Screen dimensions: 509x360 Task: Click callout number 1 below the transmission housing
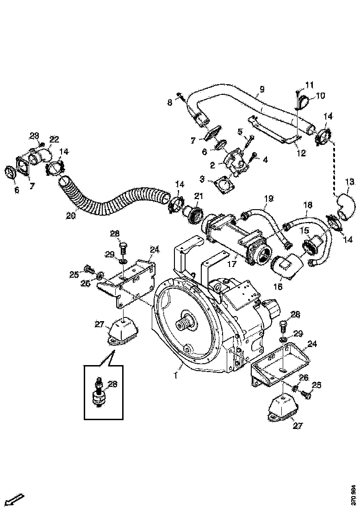[x=175, y=375]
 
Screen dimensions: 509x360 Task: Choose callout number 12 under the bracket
[x=301, y=153]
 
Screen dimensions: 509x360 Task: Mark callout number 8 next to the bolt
[x=170, y=103]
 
